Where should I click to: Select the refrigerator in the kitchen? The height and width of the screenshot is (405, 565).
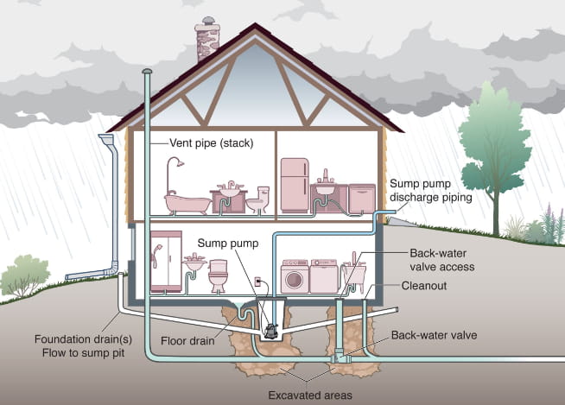(x=295, y=184)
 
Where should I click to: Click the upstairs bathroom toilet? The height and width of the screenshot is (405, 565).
(x=257, y=200)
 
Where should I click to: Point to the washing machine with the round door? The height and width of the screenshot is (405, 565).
(x=295, y=275)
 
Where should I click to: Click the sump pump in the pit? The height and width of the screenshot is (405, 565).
(x=272, y=329)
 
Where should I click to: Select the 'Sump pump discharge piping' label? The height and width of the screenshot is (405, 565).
(x=430, y=190)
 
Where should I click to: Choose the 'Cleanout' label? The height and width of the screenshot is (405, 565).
(x=423, y=286)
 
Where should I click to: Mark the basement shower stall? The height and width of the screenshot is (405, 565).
(x=166, y=261)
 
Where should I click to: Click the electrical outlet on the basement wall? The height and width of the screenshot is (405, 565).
(x=257, y=282)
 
